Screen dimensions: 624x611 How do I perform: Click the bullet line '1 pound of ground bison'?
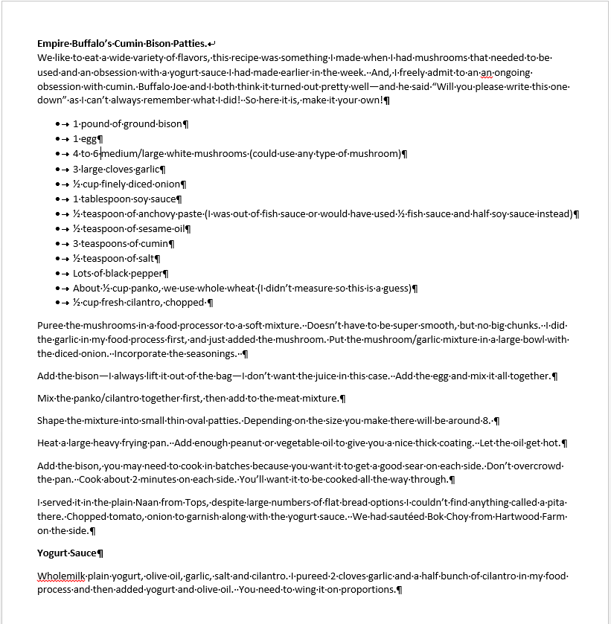point(127,124)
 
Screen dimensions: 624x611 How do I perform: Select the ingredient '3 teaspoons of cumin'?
point(122,243)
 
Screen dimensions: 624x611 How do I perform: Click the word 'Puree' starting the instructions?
point(51,325)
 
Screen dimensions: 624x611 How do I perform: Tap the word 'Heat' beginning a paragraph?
point(49,443)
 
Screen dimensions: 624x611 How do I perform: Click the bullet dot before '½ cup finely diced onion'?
point(57,184)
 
